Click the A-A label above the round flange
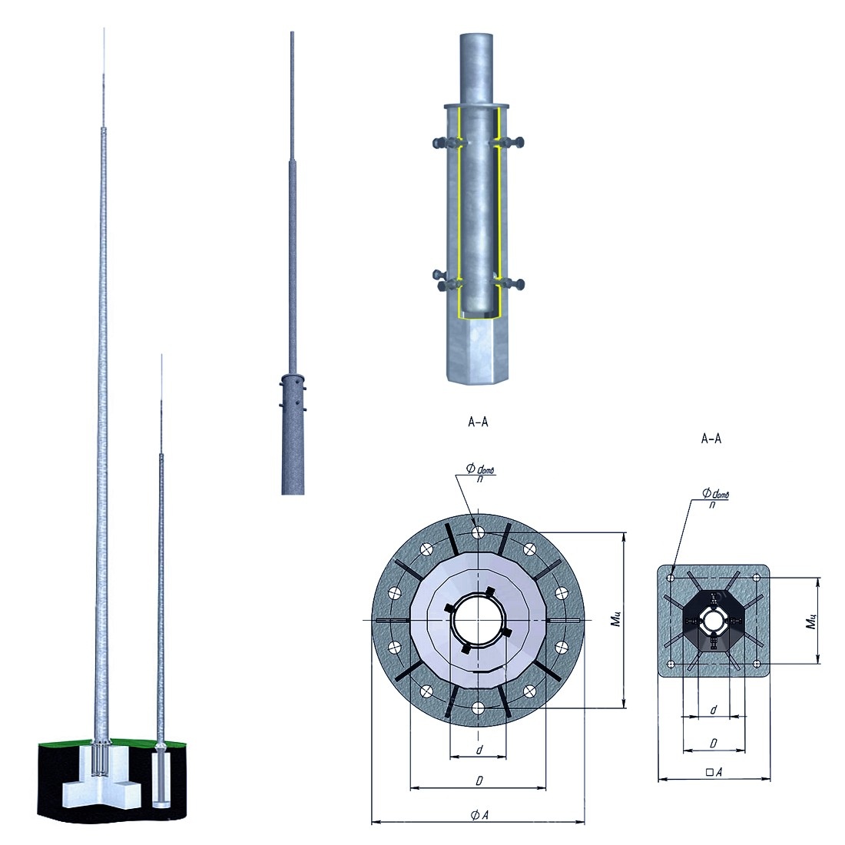(478, 422)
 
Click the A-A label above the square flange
(711, 439)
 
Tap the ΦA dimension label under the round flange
(479, 815)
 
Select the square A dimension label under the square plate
(714, 772)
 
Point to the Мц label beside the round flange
(616, 619)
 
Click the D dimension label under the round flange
(479, 780)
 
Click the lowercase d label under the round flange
(479, 749)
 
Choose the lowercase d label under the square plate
(714, 710)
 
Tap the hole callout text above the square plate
(715, 497)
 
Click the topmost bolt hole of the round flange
(478, 532)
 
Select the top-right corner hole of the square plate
(756, 578)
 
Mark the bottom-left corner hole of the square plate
(671, 664)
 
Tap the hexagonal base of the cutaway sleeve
(478, 350)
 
